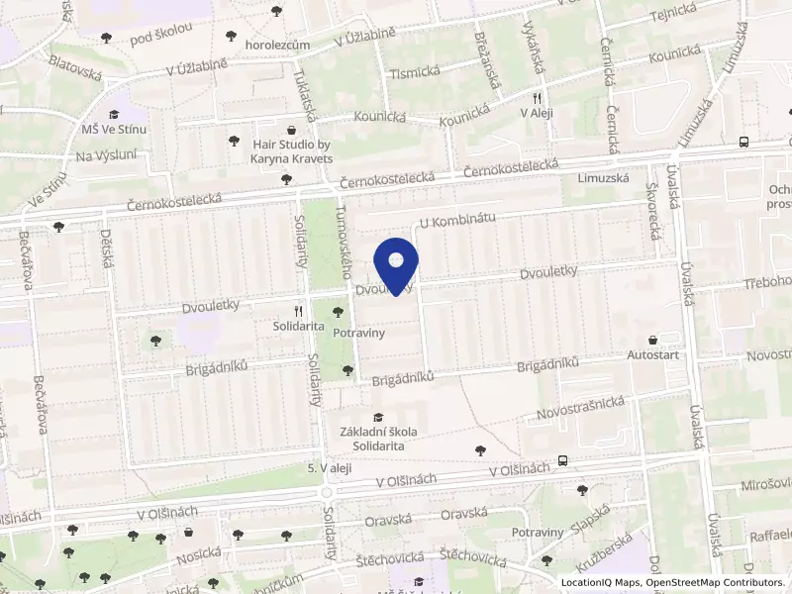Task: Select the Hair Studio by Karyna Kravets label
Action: [293, 150]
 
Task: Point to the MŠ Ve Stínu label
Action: [114, 130]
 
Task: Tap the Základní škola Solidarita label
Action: [377, 439]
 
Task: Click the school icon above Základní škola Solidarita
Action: [377, 419]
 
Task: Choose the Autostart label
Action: [653, 353]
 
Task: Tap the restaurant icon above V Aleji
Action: [537, 98]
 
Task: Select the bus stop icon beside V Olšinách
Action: [562, 460]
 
